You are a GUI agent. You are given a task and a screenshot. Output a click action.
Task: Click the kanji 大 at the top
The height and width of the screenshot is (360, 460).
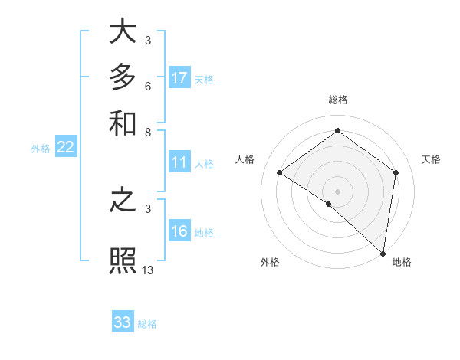[123, 32]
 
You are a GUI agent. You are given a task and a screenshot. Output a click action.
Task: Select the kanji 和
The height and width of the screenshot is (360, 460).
[123, 123]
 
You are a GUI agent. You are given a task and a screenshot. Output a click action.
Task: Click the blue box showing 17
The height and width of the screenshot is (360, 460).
[179, 78]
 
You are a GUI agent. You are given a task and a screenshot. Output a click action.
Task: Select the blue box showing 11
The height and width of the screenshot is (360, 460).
[179, 162]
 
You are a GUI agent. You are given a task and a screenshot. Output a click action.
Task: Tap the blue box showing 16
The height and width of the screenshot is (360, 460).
[179, 232]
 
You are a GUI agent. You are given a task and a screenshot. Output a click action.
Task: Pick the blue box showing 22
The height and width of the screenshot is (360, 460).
[65, 148]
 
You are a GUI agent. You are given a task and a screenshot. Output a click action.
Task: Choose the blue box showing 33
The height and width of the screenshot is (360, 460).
[123, 322]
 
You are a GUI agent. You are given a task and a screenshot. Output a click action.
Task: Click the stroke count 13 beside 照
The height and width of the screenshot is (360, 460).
[148, 270]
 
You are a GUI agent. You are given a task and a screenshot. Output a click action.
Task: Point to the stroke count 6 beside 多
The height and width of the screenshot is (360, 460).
[148, 85]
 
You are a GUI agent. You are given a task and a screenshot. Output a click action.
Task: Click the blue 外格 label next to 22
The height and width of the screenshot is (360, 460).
[40, 149]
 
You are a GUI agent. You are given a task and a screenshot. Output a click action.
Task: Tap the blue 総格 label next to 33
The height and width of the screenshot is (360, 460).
[147, 324]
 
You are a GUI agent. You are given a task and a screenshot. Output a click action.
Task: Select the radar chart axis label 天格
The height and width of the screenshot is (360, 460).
[431, 159]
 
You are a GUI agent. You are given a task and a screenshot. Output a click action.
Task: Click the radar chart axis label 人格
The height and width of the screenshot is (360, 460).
[245, 159]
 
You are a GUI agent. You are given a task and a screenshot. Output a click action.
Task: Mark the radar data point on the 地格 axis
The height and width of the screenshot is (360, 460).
[383, 253]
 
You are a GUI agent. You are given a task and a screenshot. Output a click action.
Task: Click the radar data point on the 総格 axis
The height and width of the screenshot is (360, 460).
[337, 131]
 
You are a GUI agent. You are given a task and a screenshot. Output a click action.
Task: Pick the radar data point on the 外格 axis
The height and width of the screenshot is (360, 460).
[329, 204]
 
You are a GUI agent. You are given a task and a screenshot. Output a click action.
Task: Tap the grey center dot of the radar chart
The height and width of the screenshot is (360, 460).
[337, 191]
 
